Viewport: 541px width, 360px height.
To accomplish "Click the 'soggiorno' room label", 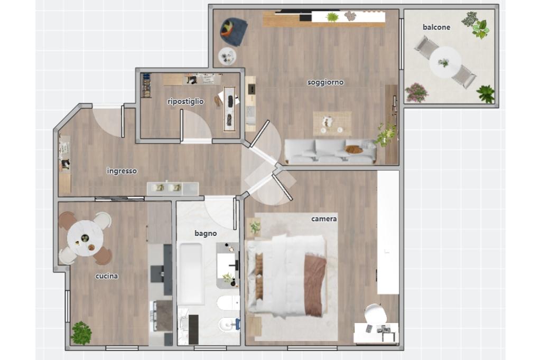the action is (325, 82).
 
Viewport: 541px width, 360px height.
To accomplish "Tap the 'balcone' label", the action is (436, 27).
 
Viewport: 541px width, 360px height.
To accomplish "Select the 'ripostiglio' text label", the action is (185, 101).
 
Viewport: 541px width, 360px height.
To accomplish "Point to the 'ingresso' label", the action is (122, 171).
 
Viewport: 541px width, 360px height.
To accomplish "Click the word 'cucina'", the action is (107, 276).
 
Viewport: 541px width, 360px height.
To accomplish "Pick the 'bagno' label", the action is (206, 233).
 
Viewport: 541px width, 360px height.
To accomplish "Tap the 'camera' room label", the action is (324, 219).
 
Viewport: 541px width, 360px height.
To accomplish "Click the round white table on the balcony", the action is (445, 62).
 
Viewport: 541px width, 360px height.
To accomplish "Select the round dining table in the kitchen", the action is (85, 238).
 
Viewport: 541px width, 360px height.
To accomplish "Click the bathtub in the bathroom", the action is (190, 274).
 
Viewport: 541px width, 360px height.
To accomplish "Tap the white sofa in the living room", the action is (331, 151).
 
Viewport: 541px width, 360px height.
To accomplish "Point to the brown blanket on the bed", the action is (315, 285).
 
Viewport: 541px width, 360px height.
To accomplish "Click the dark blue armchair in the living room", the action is (234, 31).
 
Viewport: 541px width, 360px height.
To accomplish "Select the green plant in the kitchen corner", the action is (81, 333).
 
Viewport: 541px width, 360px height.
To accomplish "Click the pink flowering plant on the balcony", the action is (416, 93).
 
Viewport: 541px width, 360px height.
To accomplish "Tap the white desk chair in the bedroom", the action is (376, 313).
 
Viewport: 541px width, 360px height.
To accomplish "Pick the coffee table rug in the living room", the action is (332, 124).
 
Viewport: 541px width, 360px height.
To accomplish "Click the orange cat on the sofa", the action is (354, 149).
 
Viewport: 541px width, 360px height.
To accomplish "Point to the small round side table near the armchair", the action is (227, 56).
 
